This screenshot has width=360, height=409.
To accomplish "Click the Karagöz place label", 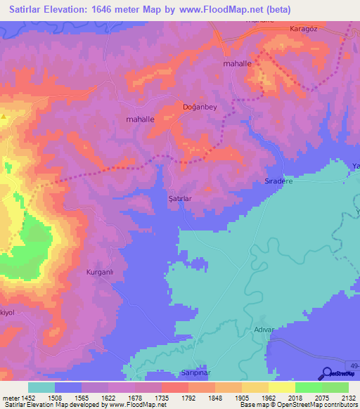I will pos(304,30).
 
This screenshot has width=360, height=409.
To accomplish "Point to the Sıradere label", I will pos(277,180).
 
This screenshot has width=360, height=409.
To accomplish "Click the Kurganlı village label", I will pos(99,272).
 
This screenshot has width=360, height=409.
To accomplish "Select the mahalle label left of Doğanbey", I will pos(140,119).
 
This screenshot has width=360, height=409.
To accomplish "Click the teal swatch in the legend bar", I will pos(41,387).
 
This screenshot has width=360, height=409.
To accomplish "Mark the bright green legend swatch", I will pos(308,387).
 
